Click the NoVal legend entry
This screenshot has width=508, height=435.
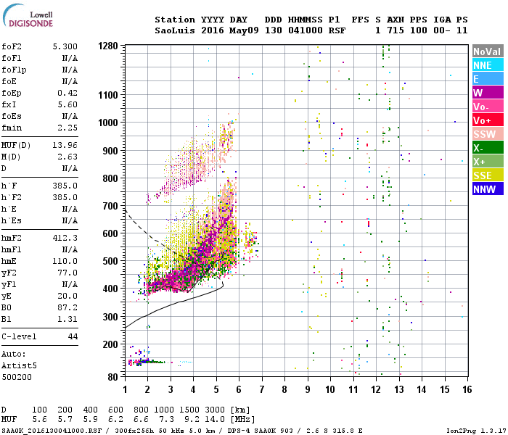click(487, 51)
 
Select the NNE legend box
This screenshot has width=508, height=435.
click(487, 65)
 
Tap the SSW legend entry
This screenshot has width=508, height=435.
click(487, 134)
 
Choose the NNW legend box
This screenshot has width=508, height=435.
click(487, 189)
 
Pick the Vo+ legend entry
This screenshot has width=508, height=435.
click(487, 120)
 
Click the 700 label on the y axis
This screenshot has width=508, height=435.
click(110, 206)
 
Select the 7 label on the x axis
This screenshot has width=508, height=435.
click(262, 389)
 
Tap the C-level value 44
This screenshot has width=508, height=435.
click(73, 337)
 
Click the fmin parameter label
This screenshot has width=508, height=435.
click(14, 127)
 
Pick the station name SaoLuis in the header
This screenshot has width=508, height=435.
click(175, 31)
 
